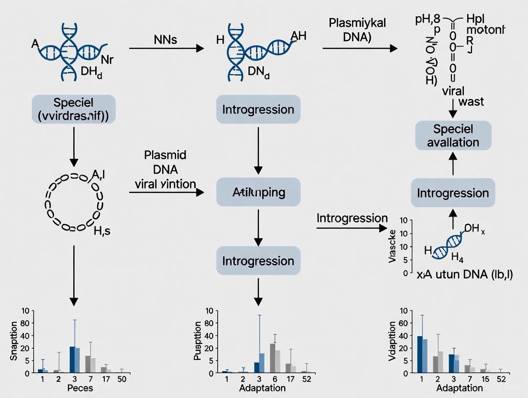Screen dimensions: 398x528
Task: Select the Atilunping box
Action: click(x=258, y=192)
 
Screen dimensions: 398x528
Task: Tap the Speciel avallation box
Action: click(x=452, y=135)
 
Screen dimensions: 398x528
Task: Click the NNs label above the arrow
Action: click(x=165, y=40)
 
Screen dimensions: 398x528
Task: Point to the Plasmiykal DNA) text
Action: click(x=357, y=31)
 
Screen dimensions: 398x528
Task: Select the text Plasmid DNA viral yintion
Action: click(x=165, y=169)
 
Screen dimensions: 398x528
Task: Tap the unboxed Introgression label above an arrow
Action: click(x=352, y=219)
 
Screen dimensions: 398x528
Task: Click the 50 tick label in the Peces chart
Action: click(x=122, y=379)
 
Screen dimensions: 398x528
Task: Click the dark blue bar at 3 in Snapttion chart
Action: click(x=72, y=359)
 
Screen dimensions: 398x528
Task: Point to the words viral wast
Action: click(x=462, y=96)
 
